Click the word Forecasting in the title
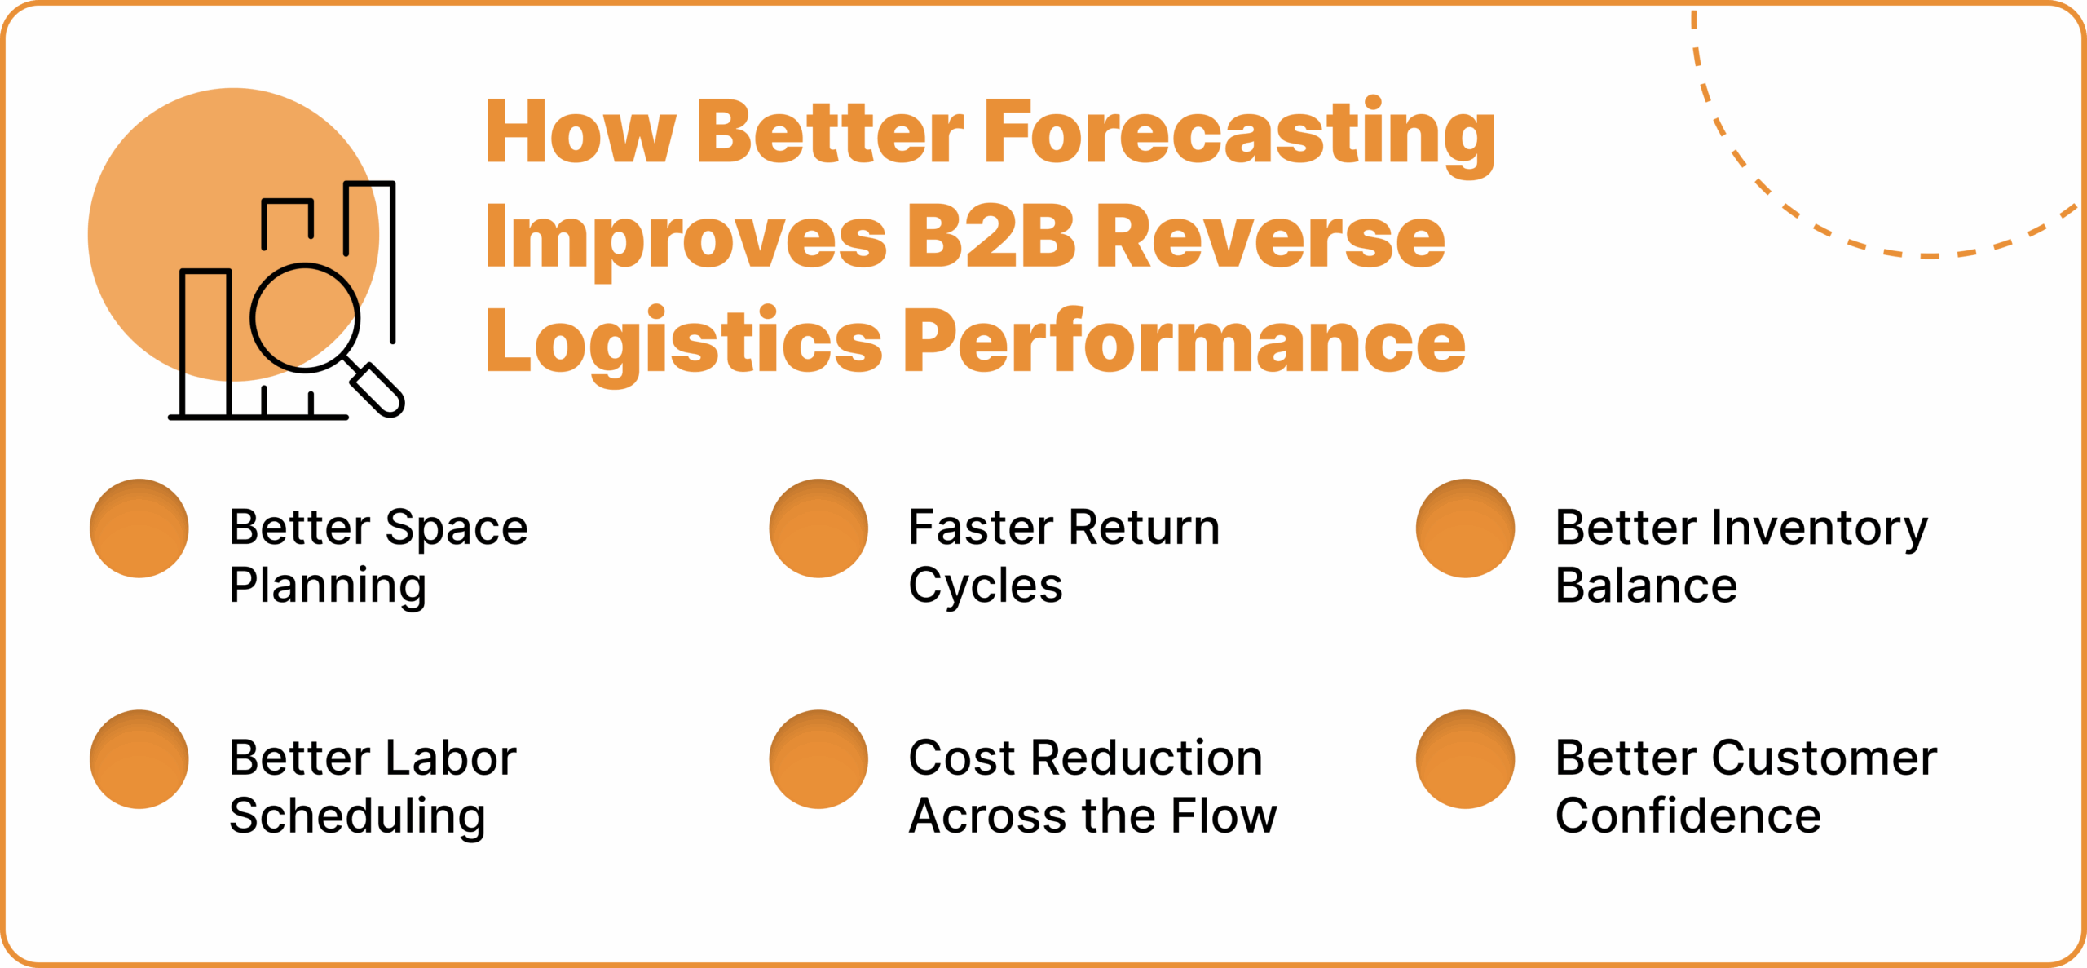tap(1239, 134)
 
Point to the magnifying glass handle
tap(377, 389)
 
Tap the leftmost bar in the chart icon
tap(205, 343)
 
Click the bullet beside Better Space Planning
tap(139, 528)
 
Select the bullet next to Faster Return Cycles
tap(818, 528)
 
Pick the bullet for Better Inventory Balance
tap(1465, 528)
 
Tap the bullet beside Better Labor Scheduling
tap(139, 759)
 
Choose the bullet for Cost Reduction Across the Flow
tap(818, 759)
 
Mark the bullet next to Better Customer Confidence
tap(1465, 759)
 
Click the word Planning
tap(328, 586)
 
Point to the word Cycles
tap(986, 586)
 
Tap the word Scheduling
tap(357, 816)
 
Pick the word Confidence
tap(1688, 816)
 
